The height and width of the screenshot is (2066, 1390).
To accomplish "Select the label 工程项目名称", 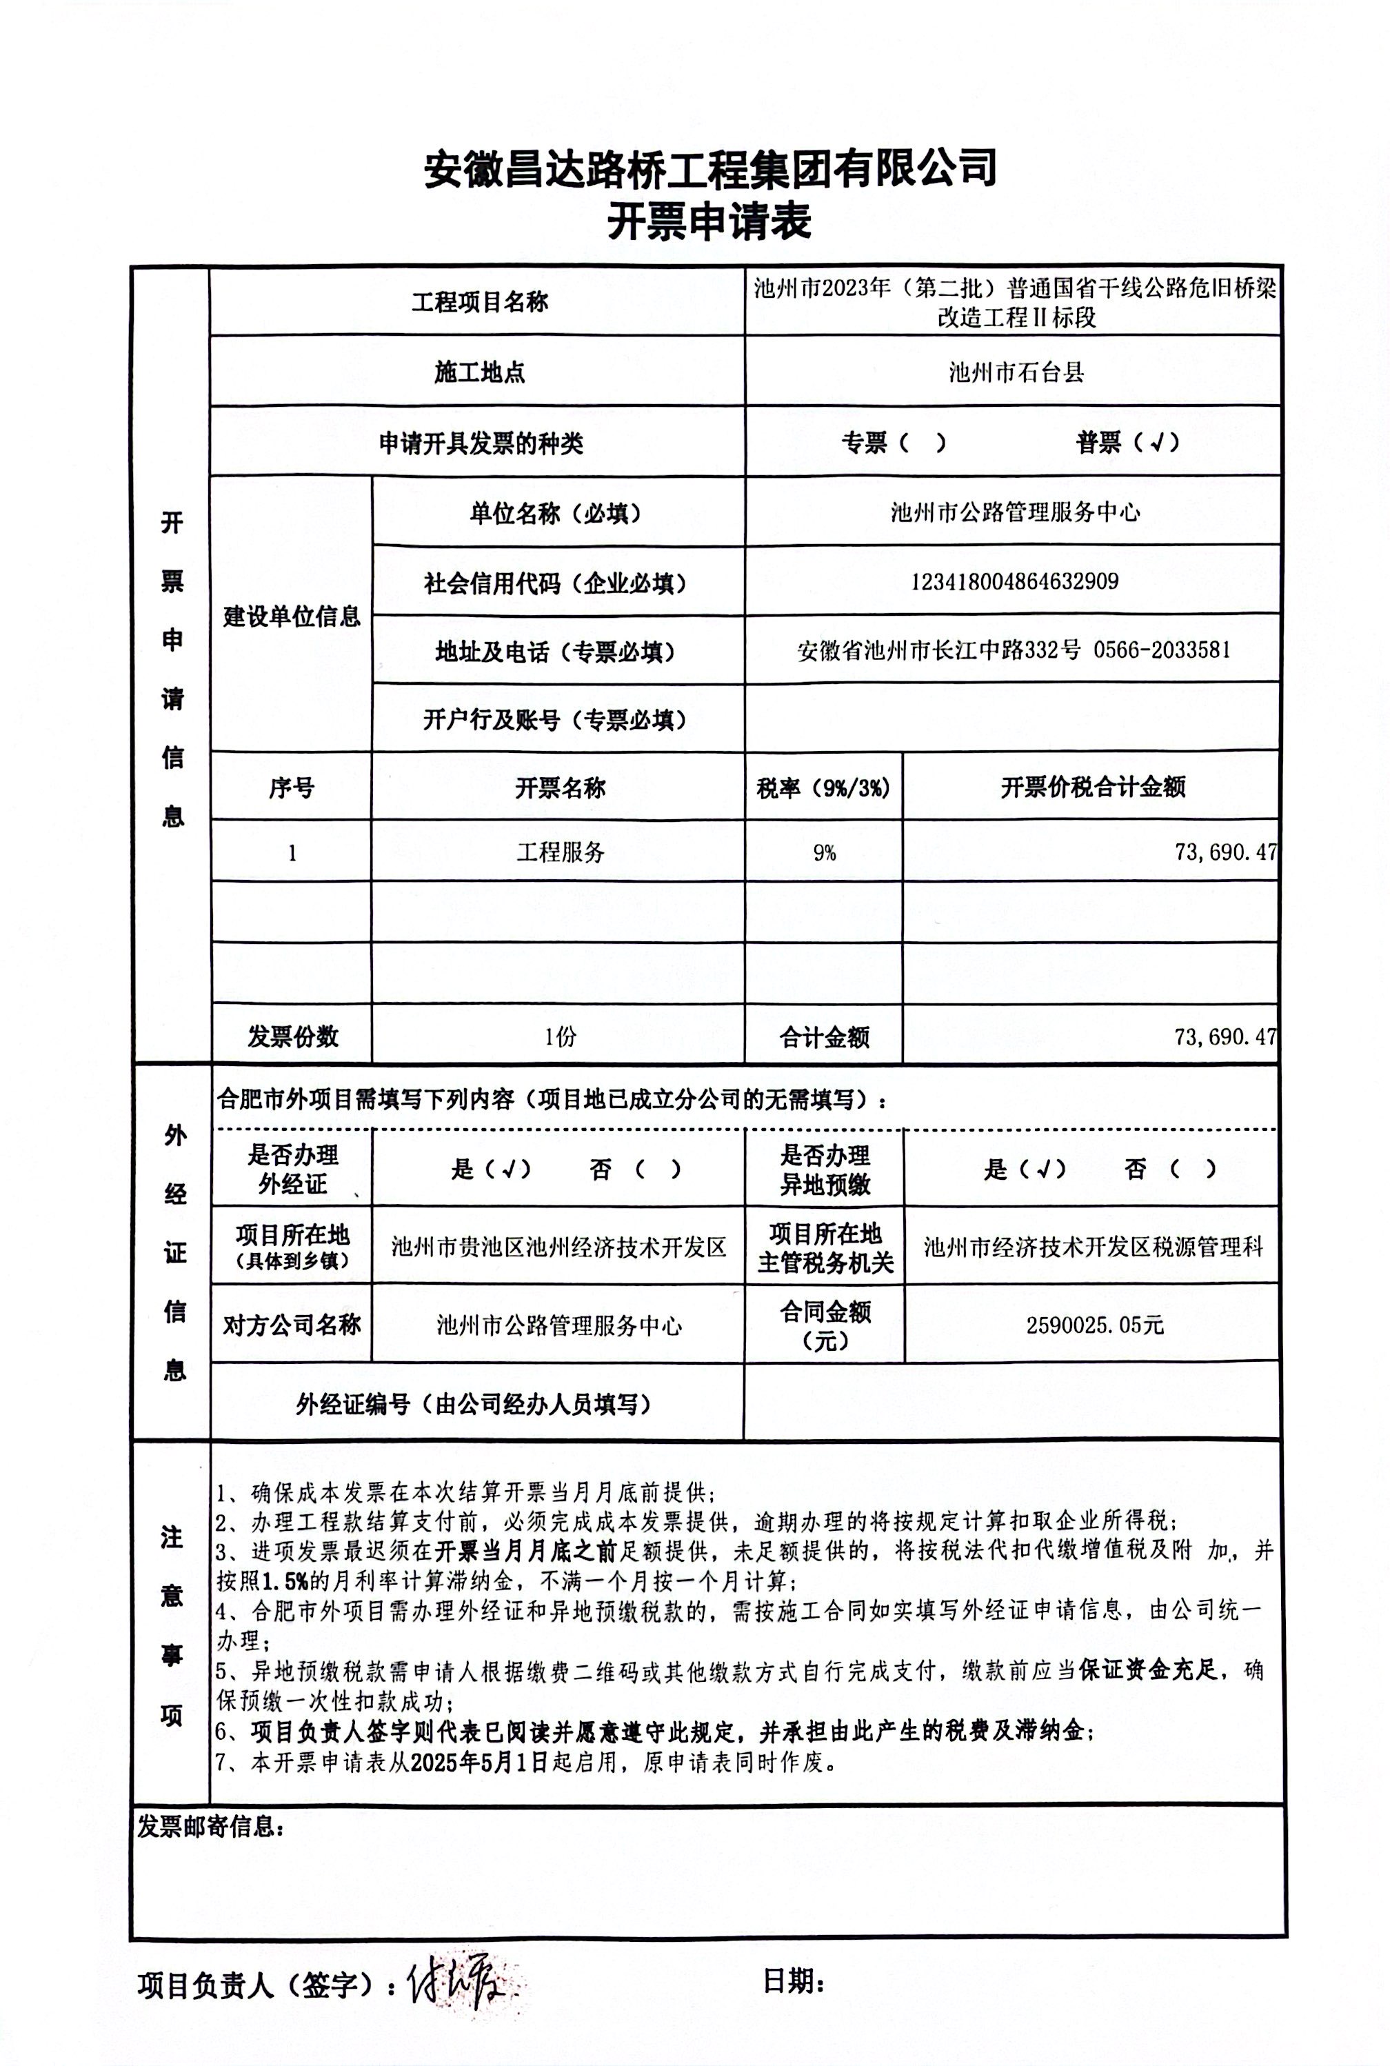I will coord(480,302).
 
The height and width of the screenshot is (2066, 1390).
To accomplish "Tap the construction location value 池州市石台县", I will coord(1016,372).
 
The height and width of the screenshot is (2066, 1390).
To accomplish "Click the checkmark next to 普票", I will coord(1155,443).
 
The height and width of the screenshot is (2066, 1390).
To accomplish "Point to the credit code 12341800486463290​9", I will coord(1014,582).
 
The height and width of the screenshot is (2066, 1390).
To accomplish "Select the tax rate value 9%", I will coord(825,853).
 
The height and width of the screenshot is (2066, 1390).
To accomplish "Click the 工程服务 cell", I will coord(561,853).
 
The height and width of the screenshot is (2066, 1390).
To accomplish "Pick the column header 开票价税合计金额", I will coord(1092,788).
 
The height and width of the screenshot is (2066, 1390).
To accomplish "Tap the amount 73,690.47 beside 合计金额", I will coord(1225,1036).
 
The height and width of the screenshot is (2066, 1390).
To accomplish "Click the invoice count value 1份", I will coord(561,1036).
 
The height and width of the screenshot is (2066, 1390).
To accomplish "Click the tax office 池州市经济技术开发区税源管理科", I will coord(1093,1247).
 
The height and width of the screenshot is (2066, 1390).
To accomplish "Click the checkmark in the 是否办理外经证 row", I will coord(508,1170).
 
